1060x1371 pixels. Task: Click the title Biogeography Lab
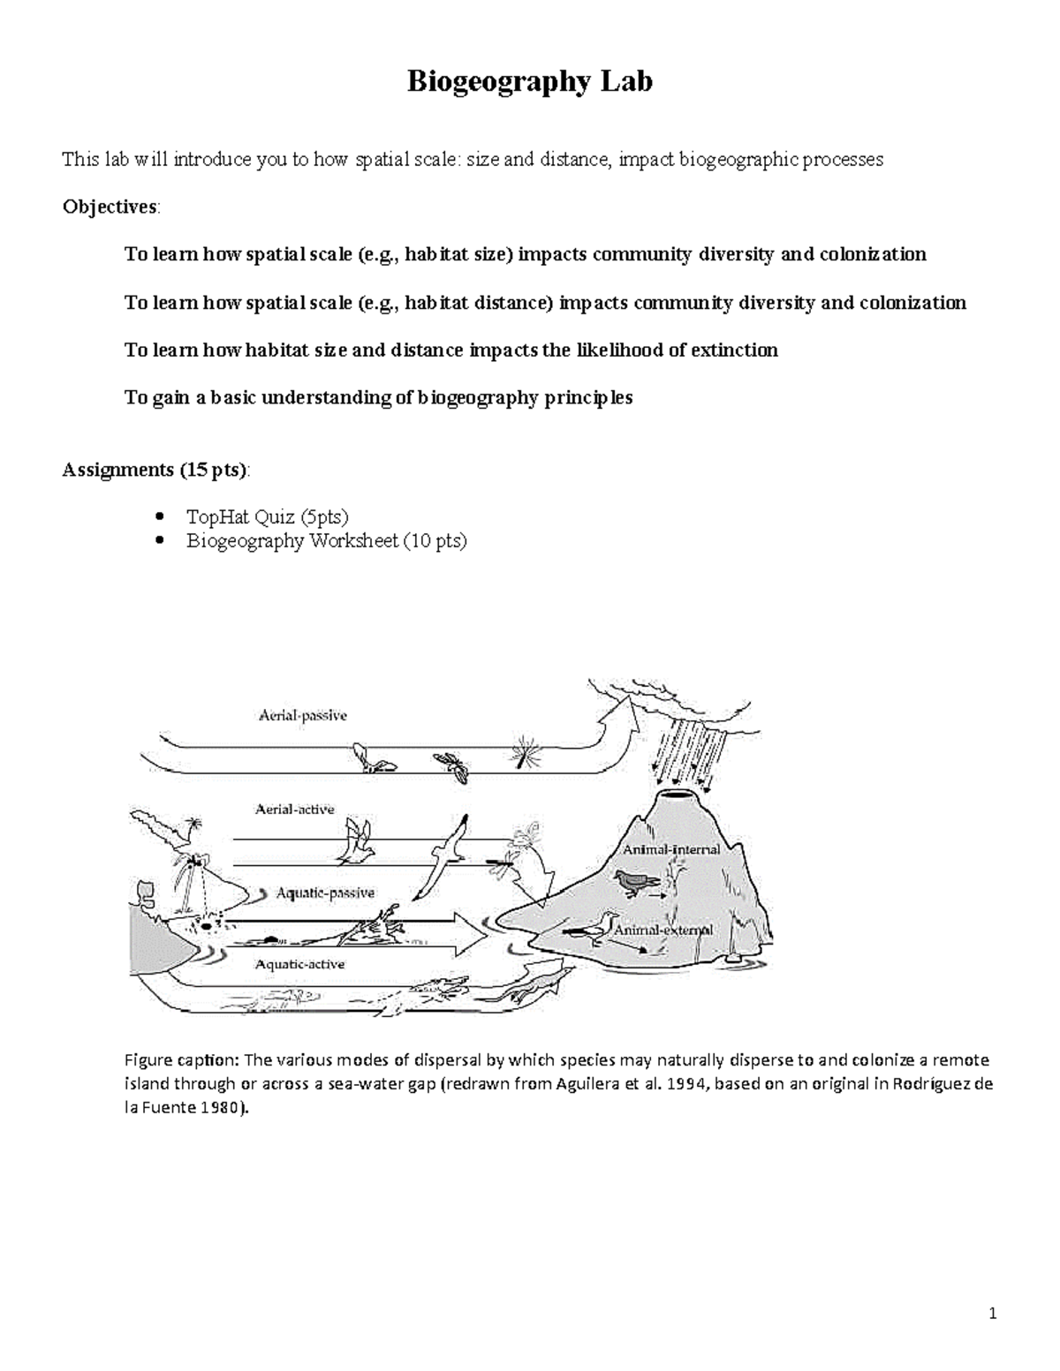click(529, 82)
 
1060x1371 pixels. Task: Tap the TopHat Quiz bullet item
click(267, 516)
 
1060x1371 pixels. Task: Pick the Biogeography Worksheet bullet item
click(326, 540)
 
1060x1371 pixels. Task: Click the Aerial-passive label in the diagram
click(302, 716)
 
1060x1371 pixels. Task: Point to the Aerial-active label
click(294, 809)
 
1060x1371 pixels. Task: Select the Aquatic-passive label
click(325, 893)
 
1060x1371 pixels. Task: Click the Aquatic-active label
click(299, 964)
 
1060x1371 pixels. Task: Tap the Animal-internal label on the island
click(671, 850)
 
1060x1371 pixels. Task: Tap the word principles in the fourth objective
click(587, 397)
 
